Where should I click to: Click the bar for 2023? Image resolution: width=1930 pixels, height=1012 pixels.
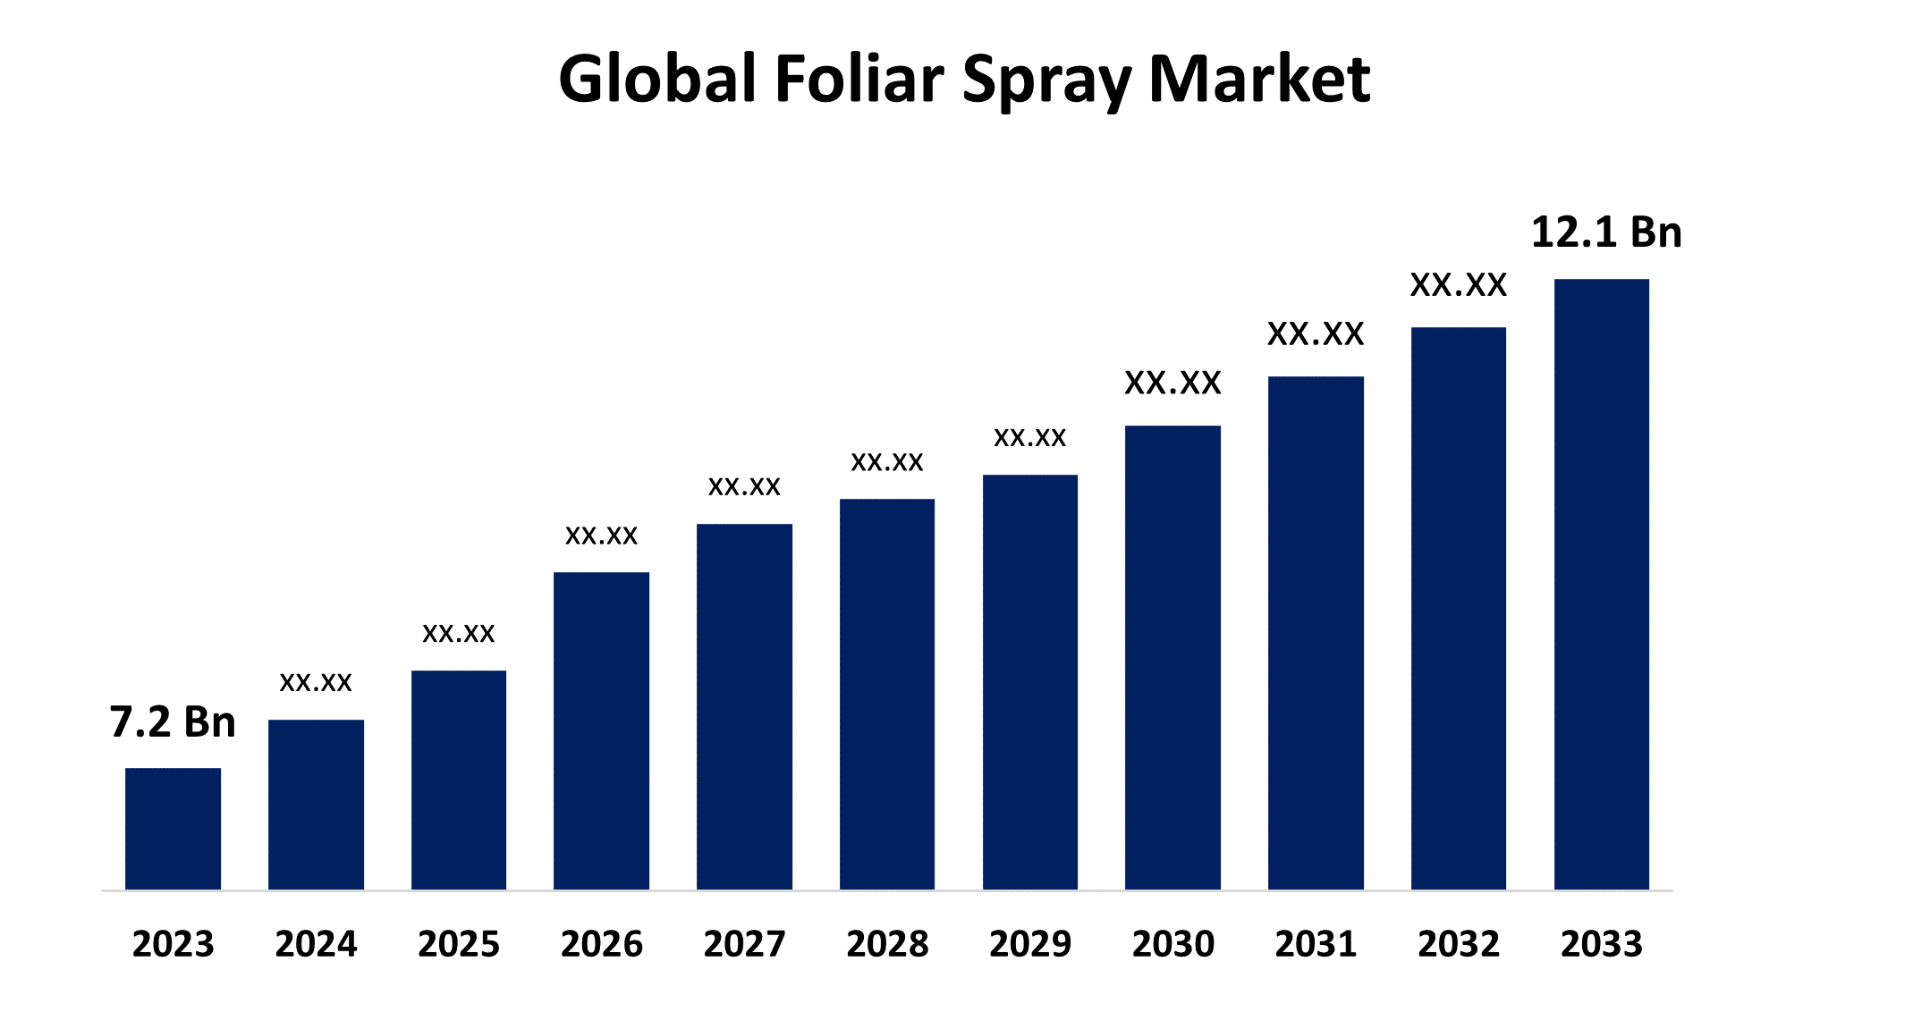173,828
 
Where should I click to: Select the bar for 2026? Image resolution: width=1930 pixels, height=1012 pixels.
601,730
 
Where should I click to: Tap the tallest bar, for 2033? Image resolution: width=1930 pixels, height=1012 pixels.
1601,584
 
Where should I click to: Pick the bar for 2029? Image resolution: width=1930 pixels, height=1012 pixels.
1029,681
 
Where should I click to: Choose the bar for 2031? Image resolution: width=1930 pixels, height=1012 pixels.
1316,632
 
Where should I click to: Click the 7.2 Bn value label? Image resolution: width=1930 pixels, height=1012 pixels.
173,721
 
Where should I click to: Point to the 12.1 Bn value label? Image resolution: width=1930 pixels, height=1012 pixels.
1606,232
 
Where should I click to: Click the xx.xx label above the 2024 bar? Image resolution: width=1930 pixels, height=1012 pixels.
316,682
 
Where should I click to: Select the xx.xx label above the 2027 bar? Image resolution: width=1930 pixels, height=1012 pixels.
744,486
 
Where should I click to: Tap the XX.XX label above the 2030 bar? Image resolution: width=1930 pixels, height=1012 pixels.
1172,383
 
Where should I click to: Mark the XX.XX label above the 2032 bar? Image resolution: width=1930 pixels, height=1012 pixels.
1459,285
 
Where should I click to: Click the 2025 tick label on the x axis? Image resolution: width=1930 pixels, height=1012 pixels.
459,944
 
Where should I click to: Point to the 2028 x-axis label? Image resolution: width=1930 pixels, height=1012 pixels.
887,944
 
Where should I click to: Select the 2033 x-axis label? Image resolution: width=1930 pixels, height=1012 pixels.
1601,944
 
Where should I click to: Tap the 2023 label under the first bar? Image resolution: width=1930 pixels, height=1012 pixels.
173,944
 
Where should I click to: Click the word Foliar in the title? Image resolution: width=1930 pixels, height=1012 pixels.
859,79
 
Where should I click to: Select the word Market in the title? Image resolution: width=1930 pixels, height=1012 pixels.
1258,79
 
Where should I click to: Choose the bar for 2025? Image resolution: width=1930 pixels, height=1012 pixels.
459,780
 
